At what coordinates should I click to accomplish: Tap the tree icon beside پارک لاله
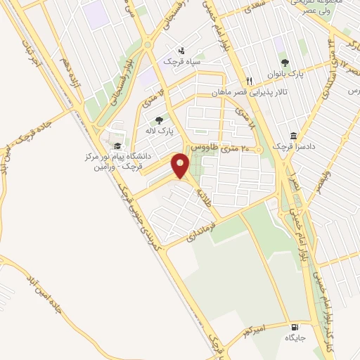coord(160,120)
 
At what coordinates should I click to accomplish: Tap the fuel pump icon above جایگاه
coord(294,327)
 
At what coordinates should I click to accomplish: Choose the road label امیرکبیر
coord(253,330)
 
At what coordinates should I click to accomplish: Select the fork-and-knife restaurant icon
coord(249,81)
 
